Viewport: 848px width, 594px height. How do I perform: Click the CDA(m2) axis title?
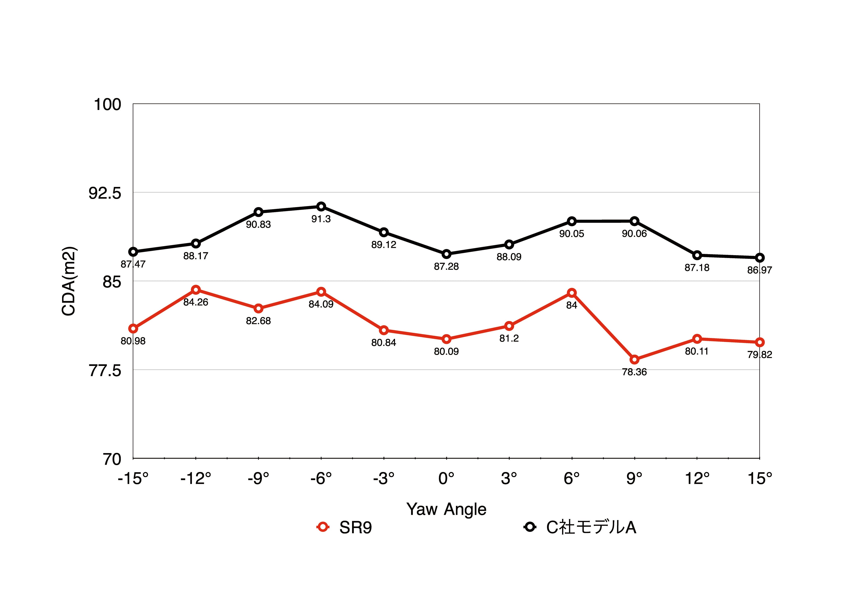click(x=69, y=281)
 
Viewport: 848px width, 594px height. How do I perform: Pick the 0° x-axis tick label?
click(x=446, y=479)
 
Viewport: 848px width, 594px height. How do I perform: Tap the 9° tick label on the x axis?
click(x=634, y=479)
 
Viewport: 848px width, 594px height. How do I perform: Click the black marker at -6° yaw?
click(x=321, y=206)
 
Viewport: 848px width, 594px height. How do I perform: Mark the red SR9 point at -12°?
click(x=196, y=289)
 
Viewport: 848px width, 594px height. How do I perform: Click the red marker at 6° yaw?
click(x=572, y=293)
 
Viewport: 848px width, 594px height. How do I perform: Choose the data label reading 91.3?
click(x=321, y=219)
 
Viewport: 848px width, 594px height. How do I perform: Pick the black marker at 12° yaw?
click(x=697, y=255)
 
